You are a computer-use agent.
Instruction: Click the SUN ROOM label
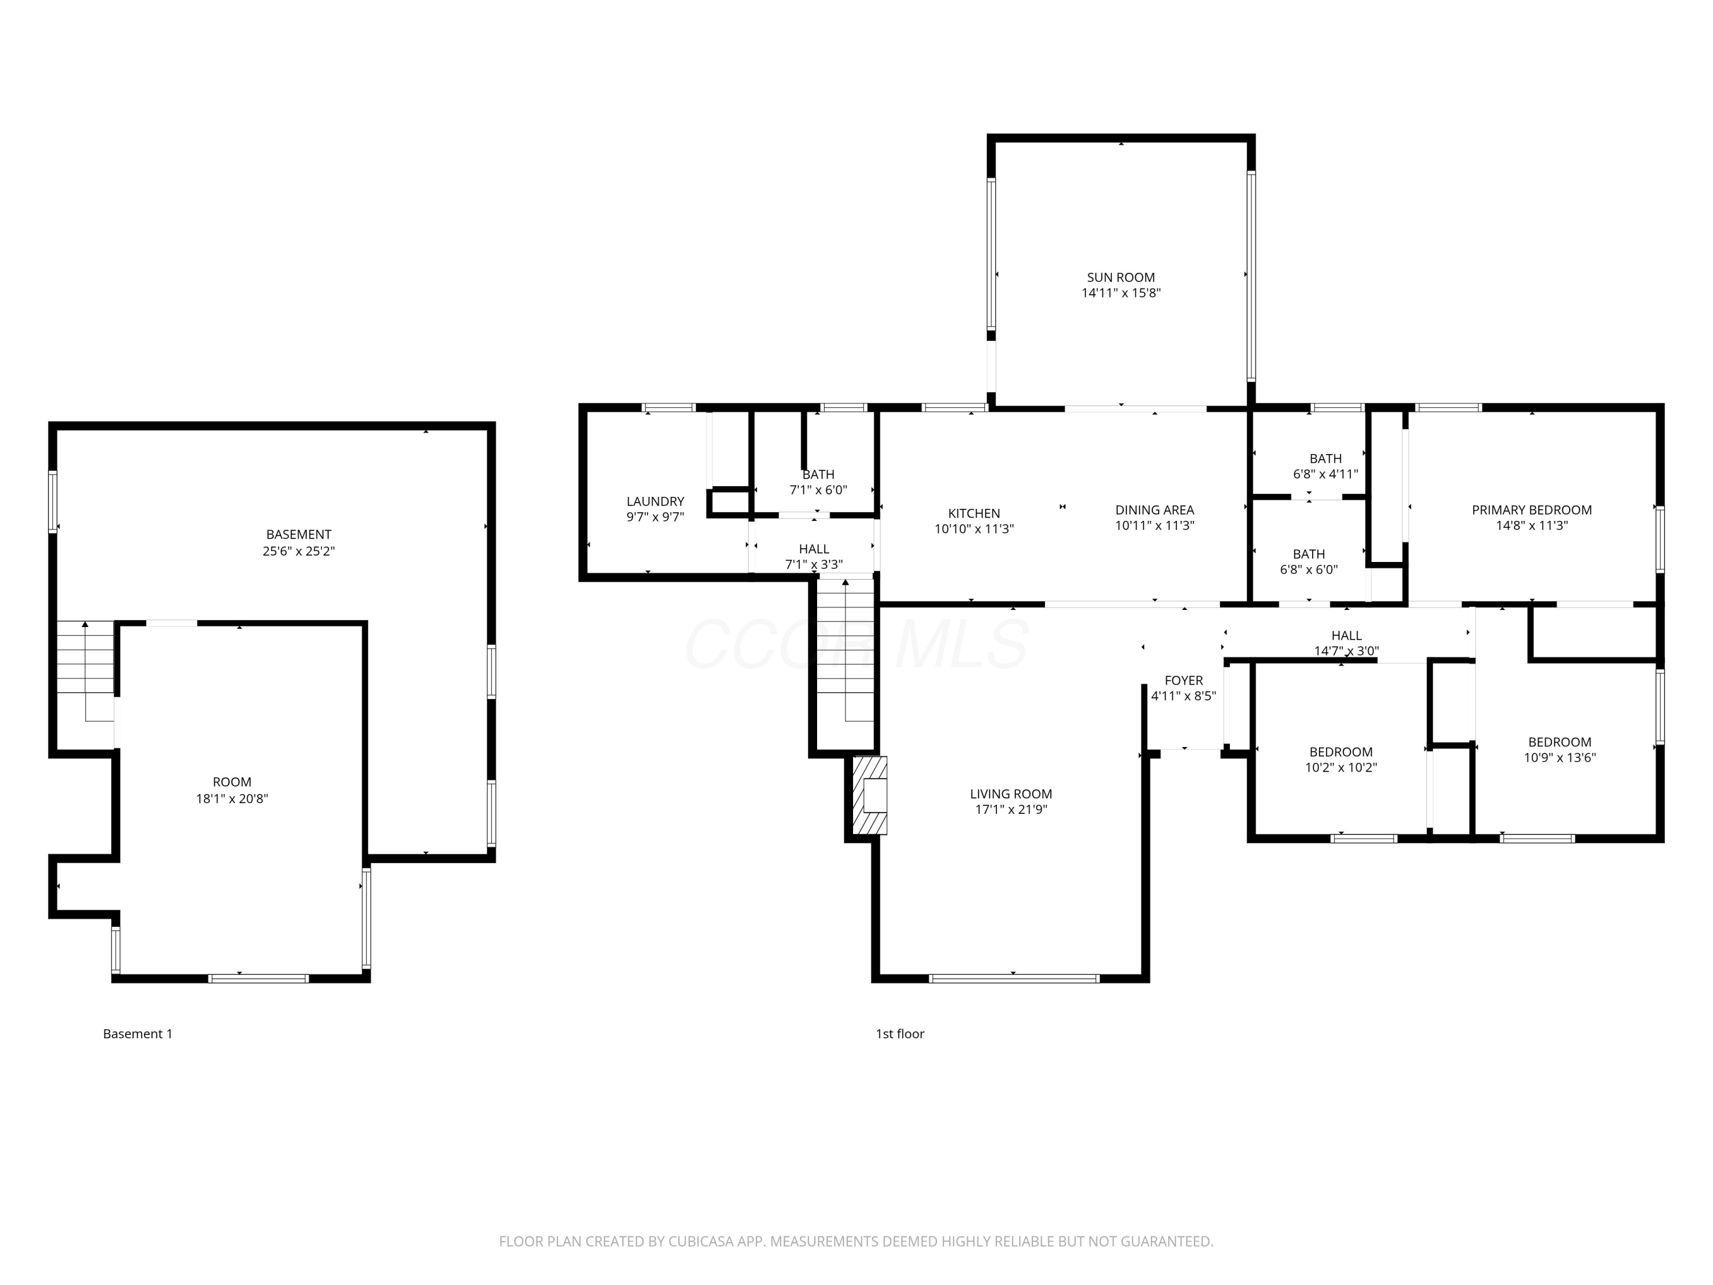[1120, 278]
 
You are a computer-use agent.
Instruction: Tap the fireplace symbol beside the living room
[870, 796]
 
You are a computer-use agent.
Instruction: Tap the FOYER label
[1183, 681]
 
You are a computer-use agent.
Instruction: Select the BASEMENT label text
[299, 535]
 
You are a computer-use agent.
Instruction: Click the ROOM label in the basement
[232, 782]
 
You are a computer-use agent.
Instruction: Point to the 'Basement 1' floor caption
[138, 1034]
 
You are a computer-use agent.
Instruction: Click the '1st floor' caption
[900, 1034]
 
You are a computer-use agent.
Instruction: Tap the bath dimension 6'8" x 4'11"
[1326, 474]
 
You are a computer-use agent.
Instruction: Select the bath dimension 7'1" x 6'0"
[819, 490]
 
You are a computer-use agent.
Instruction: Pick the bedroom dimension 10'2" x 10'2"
[1341, 768]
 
